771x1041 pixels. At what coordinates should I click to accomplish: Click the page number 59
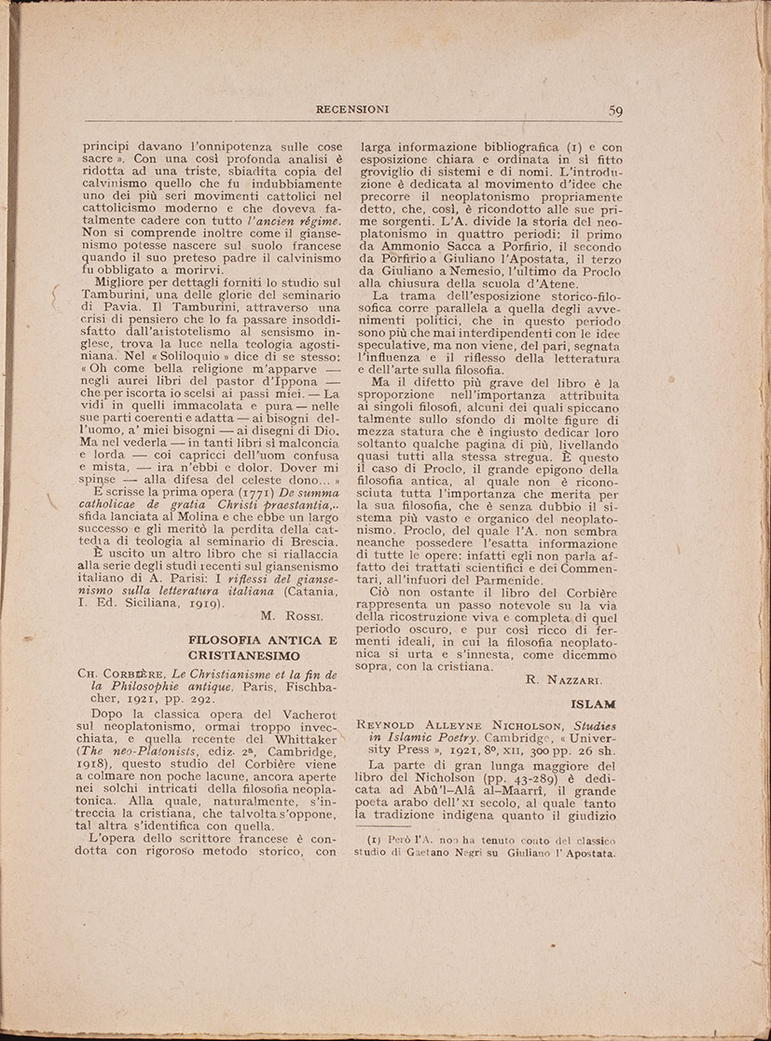point(615,110)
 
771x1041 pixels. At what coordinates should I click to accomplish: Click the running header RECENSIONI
point(352,109)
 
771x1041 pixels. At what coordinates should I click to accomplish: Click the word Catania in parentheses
point(310,587)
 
